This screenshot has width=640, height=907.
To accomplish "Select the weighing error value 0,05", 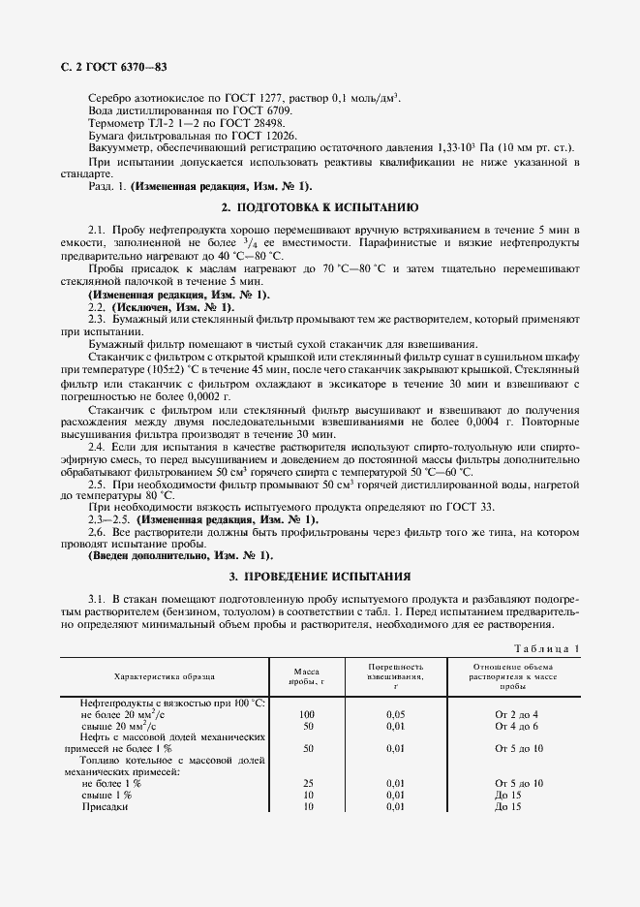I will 395,713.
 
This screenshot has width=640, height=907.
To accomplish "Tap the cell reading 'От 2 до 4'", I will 516,713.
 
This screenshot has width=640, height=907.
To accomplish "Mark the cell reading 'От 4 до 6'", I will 516,725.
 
